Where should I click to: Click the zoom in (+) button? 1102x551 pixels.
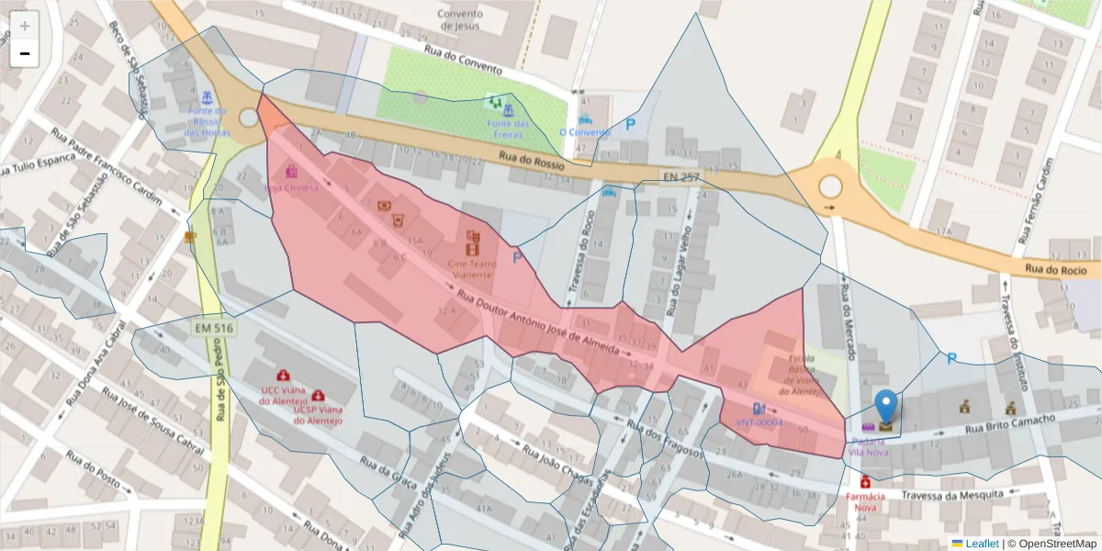25,26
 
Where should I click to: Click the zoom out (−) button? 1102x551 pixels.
25,53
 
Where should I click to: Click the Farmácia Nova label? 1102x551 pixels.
865,501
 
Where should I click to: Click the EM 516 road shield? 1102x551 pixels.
212,327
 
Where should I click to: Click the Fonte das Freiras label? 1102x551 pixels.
508,129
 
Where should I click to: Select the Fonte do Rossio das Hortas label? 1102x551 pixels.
207,121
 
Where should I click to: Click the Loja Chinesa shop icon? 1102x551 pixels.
291,172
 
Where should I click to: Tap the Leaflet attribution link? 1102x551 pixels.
982,543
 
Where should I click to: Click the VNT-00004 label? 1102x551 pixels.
759,422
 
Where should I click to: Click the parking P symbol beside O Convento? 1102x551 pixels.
631,123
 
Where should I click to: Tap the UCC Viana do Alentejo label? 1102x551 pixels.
284,395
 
